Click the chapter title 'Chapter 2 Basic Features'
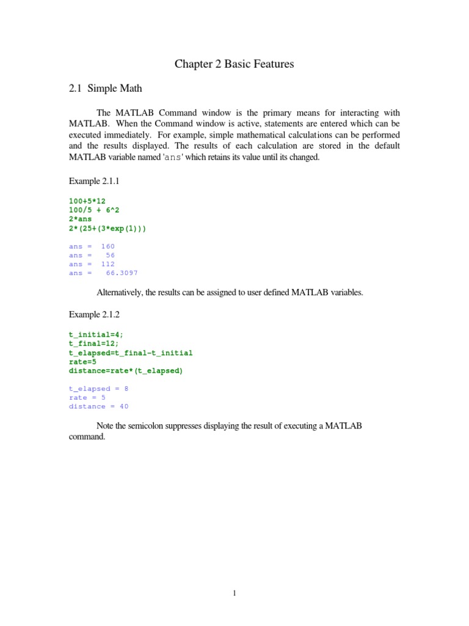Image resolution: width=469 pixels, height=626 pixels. point(234,64)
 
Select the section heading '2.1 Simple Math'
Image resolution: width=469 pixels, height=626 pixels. point(106,89)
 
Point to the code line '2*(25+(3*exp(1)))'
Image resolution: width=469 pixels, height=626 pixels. point(108,228)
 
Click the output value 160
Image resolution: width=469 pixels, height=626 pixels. point(107,246)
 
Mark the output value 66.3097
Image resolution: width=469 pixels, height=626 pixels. point(122,273)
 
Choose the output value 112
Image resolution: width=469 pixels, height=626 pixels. point(107,264)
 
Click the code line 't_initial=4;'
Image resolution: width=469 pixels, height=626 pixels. point(96,335)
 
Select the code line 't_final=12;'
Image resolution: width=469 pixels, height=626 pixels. point(93,344)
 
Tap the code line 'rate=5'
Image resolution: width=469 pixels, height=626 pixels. point(83,362)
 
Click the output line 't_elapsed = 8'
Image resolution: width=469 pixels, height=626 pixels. point(99,389)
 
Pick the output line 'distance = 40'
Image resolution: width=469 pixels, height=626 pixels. point(99,407)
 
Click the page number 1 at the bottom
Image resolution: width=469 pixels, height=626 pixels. point(234,592)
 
